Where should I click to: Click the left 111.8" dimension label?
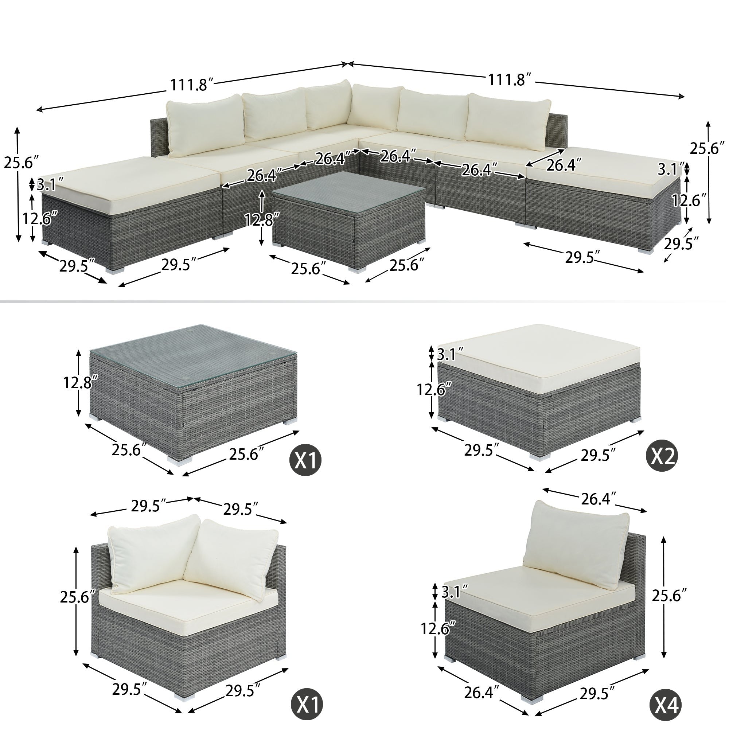click(x=192, y=85)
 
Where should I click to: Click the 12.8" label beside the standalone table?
click(x=78, y=383)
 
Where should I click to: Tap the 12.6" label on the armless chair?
click(x=437, y=629)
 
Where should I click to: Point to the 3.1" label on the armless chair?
click(x=455, y=592)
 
